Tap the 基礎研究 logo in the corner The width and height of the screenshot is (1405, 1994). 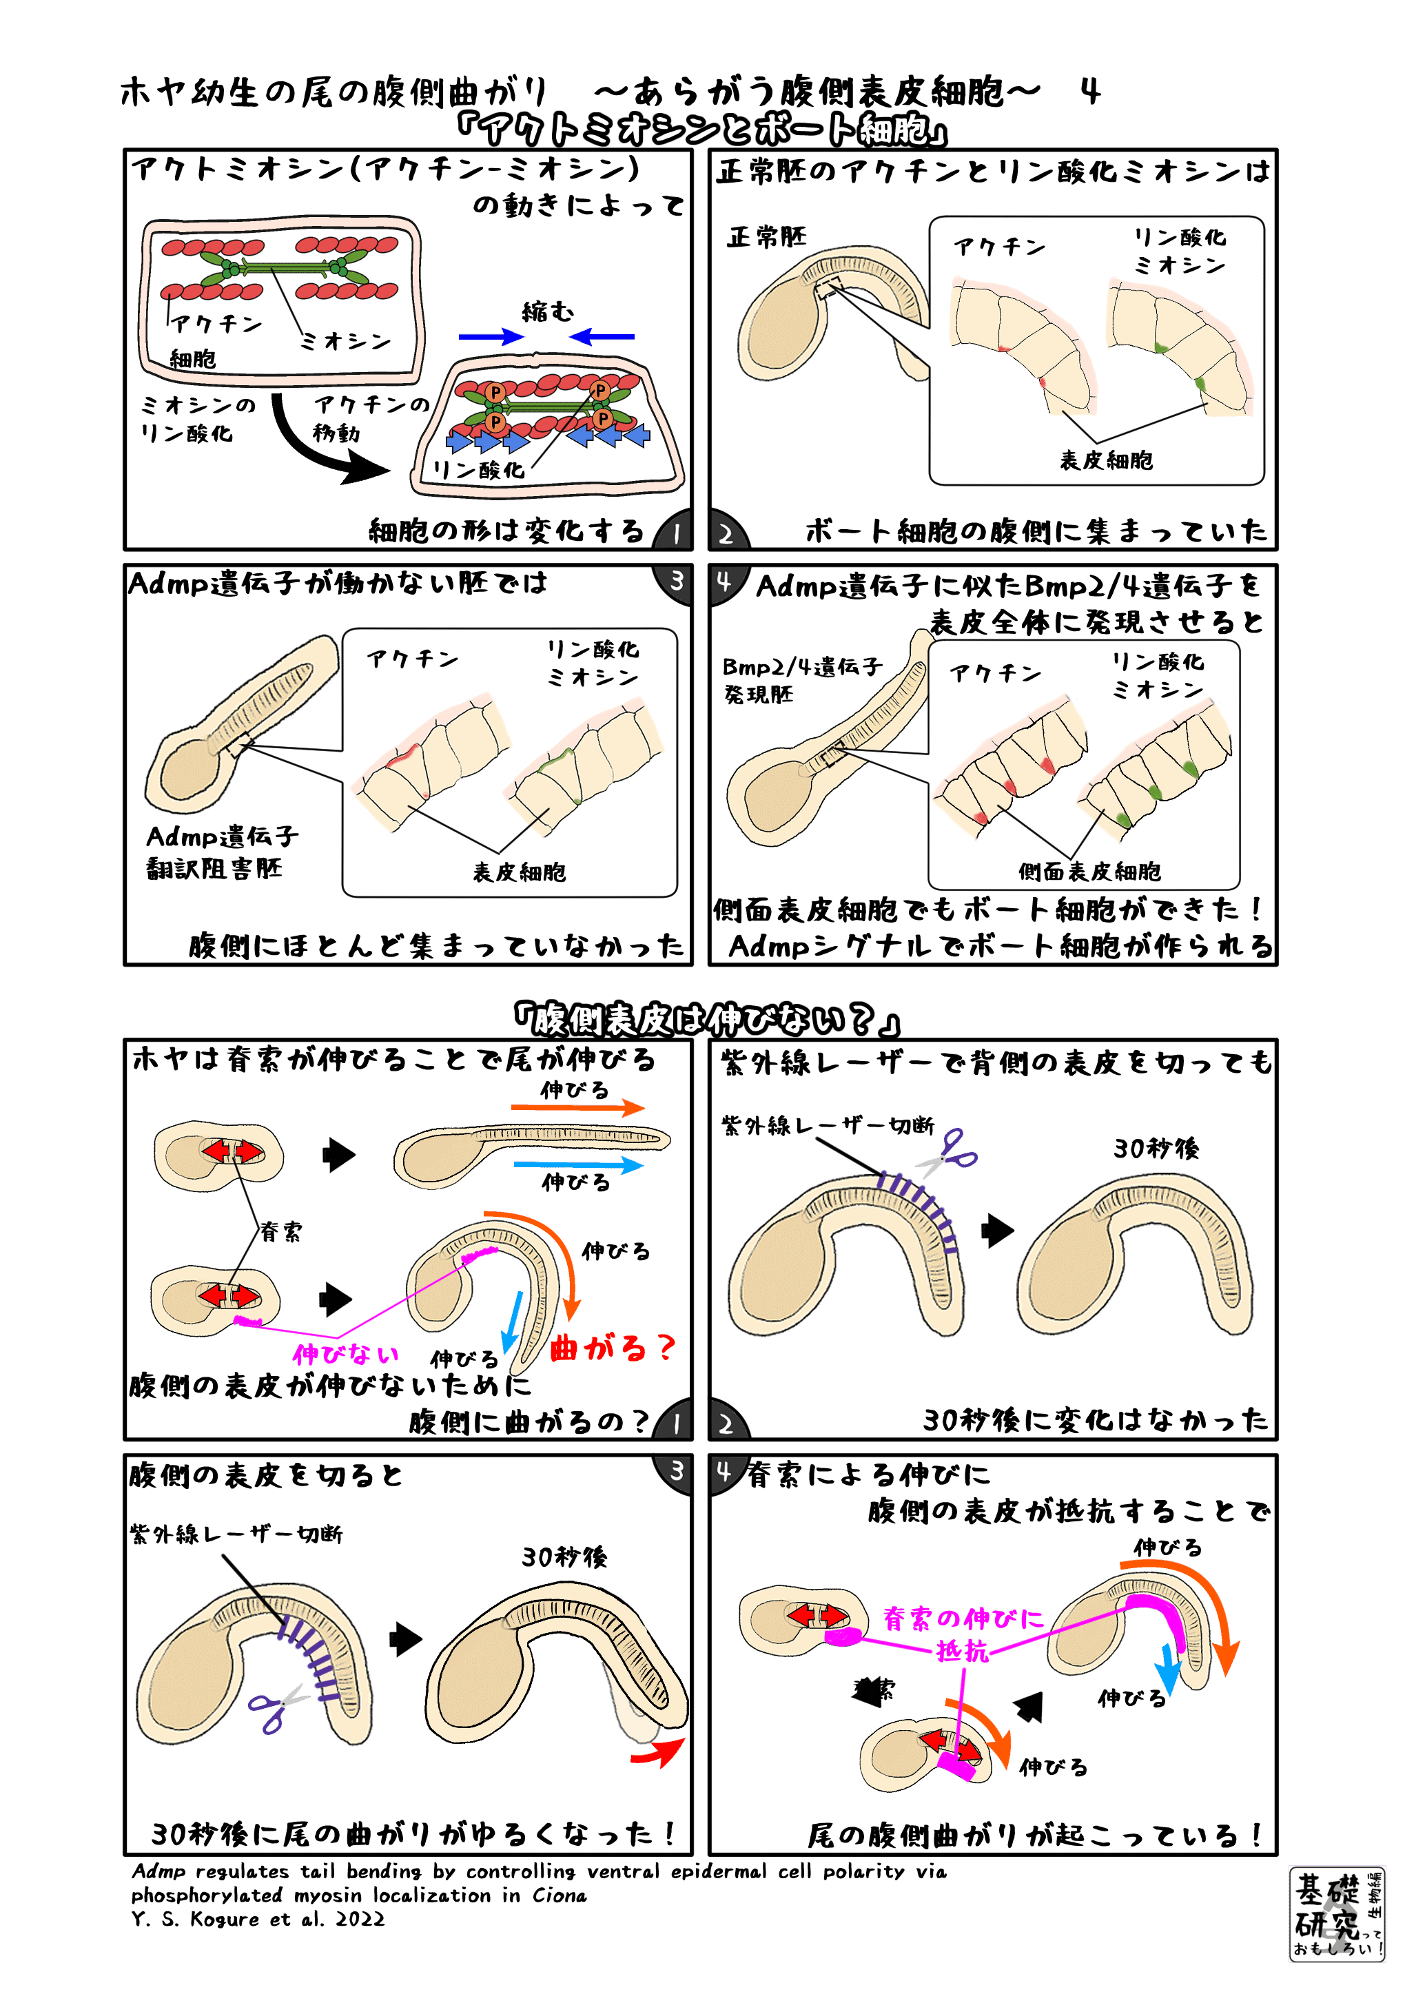1336,1913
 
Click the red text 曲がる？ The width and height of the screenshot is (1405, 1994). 611,1348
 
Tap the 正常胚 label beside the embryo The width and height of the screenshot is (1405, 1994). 766,237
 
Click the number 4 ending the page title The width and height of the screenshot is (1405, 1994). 1091,91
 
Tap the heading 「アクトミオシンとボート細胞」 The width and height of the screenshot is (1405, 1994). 701,130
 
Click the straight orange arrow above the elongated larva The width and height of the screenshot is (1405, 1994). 577,1107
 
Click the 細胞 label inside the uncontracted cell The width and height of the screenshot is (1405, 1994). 192,359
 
